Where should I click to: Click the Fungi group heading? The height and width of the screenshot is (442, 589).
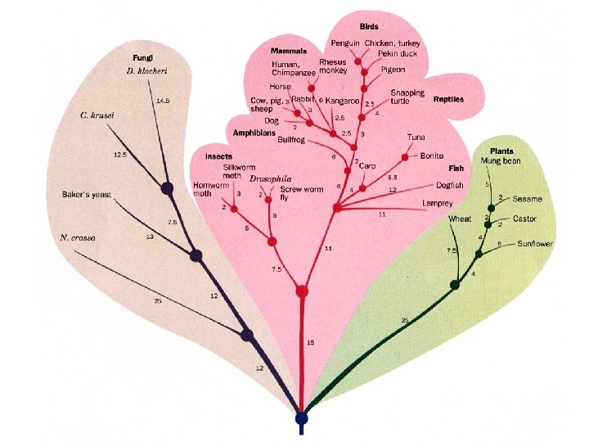click(143, 58)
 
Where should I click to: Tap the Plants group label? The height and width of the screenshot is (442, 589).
click(501, 151)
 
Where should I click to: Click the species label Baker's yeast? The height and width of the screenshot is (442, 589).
click(86, 195)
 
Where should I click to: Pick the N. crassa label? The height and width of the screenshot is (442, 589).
click(78, 237)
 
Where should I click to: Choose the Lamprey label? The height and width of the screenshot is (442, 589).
click(437, 202)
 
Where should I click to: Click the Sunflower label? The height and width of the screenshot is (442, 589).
click(535, 244)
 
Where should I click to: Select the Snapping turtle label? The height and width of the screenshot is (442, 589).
click(407, 97)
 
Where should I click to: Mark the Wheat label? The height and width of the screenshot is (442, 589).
click(459, 219)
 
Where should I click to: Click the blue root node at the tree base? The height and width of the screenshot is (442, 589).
click(302, 418)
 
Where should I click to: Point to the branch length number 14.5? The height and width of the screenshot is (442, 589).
click(164, 101)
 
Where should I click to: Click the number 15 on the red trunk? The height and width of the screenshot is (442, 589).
click(311, 342)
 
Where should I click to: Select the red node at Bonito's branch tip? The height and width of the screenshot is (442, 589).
click(405, 156)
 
